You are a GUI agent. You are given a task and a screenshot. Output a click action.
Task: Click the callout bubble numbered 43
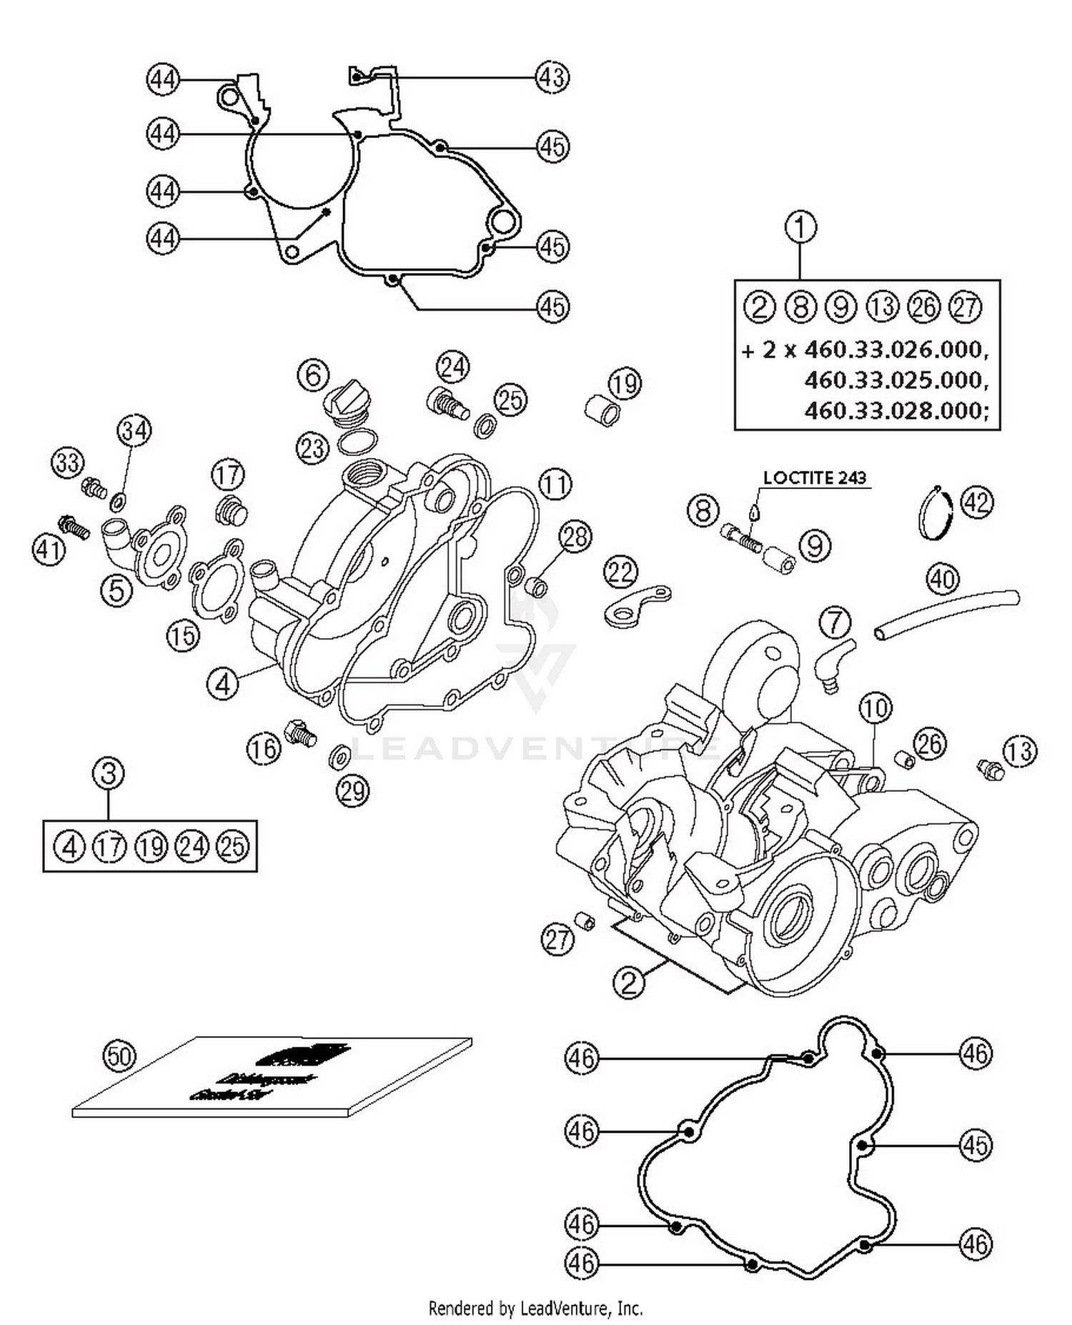tap(552, 76)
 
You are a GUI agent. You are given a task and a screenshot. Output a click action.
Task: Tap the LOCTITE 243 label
tap(814, 477)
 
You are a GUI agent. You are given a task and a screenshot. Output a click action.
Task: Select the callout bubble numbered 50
tap(119, 1056)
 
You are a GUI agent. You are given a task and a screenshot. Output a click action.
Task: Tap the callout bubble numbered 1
tap(800, 228)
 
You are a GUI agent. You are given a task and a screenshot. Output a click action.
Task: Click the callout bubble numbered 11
tap(555, 485)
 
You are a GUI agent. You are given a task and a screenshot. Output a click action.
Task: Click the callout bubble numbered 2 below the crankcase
tap(629, 983)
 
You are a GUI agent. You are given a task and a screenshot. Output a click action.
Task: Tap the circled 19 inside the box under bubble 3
tap(151, 847)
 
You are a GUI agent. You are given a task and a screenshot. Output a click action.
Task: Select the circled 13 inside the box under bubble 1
tap(883, 307)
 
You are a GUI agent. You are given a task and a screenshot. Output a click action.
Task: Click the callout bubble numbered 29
tap(352, 791)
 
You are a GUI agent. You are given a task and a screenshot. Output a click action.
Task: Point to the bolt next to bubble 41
tap(75, 527)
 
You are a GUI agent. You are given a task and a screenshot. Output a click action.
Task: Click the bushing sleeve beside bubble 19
tap(602, 411)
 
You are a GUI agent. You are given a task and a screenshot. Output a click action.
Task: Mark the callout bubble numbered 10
tap(875, 708)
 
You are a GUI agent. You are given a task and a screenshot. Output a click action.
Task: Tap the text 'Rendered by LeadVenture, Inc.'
tap(535, 1308)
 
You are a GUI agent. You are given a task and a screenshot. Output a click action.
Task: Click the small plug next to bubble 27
tap(585, 921)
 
